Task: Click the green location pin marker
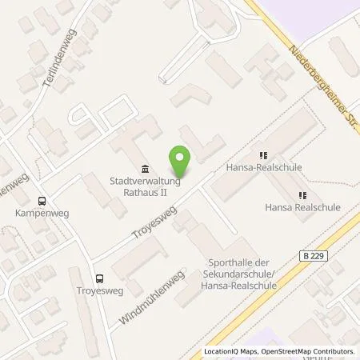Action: (182, 162)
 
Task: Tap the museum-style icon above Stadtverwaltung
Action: (144, 169)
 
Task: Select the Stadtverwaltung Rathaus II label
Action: (144, 186)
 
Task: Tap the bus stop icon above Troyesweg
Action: (99, 279)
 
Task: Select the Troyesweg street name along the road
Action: (153, 225)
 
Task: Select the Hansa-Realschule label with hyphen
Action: (263, 168)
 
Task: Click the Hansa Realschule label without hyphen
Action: (302, 206)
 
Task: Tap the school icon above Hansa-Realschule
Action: (262, 155)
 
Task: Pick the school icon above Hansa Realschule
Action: (302, 194)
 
